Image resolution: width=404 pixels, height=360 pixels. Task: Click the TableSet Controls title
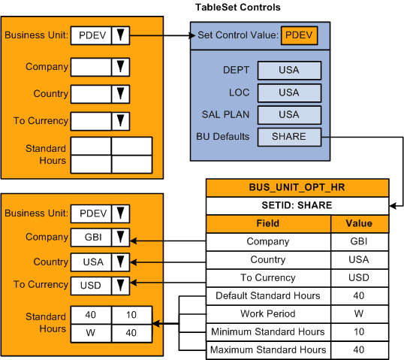click(x=238, y=8)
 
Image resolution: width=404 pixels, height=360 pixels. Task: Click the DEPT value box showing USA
click(x=289, y=70)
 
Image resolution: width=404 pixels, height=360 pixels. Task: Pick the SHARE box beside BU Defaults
click(x=289, y=137)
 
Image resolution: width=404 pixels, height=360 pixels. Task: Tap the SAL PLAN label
click(x=221, y=115)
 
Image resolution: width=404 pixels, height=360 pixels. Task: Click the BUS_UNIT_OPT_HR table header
click(x=297, y=188)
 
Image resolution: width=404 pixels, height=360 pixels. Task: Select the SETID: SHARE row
click(x=297, y=205)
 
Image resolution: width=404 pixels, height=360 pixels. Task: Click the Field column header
click(x=267, y=223)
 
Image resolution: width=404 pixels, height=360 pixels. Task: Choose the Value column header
click(x=358, y=223)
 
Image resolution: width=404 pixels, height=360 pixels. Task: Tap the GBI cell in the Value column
click(x=358, y=242)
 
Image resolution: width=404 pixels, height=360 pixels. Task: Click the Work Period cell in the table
click(x=267, y=313)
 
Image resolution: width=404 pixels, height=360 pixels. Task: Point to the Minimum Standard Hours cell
click(x=267, y=331)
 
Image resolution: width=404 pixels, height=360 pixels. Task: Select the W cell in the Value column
click(x=358, y=313)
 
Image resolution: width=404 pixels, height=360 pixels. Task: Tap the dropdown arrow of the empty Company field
click(x=120, y=68)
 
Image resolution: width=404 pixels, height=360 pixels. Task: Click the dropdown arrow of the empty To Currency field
click(x=120, y=121)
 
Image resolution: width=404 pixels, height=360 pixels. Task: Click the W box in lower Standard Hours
click(x=91, y=330)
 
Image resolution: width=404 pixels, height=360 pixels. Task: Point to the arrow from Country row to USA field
click(x=169, y=261)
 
